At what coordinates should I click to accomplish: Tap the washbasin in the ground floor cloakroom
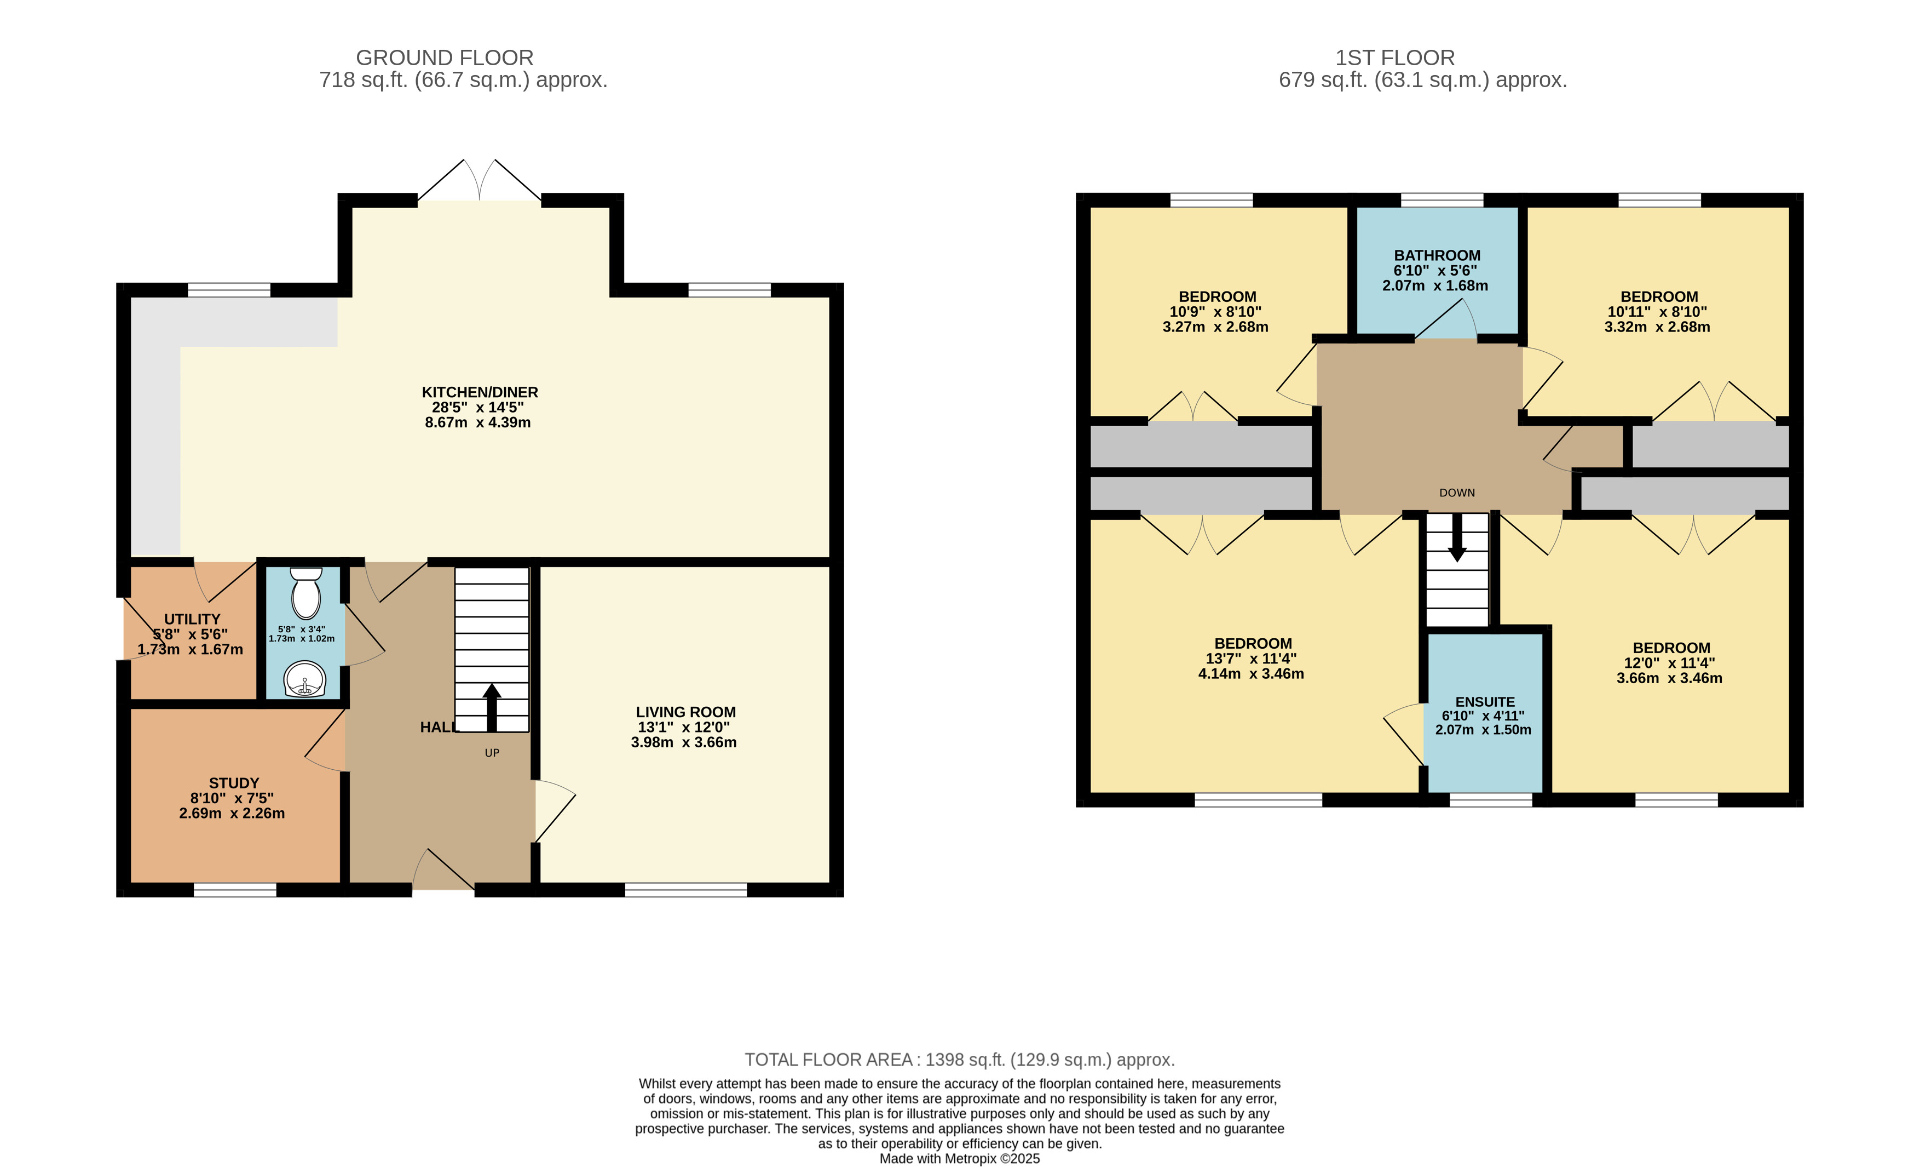(x=305, y=680)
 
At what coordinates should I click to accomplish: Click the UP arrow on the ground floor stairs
(x=492, y=708)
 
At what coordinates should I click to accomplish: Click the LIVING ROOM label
(x=685, y=712)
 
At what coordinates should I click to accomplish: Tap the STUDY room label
(x=234, y=783)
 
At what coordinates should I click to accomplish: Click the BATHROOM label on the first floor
(x=1437, y=255)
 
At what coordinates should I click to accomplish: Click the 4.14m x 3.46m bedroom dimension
(x=1250, y=673)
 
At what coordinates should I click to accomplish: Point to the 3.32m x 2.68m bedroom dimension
(x=1657, y=327)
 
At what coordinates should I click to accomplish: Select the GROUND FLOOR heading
(x=445, y=58)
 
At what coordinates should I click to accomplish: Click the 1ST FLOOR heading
(x=1395, y=58)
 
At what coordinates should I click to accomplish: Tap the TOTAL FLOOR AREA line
(x=959, y=1060)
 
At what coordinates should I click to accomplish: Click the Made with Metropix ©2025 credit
(x=959, y=1158)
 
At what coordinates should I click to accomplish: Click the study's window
(x=234, y=889)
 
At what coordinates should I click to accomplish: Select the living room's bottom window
(x=685, y=889)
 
